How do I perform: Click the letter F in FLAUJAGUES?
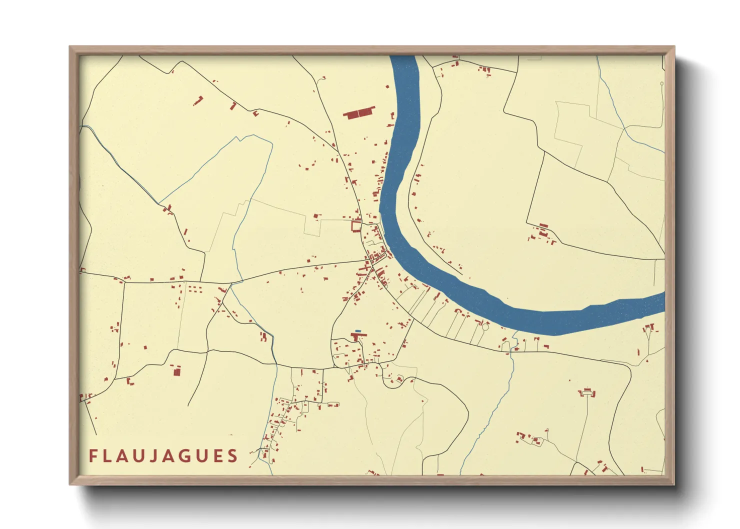93,456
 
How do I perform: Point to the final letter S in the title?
232,456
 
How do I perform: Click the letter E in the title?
217,456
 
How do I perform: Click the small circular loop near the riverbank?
484,327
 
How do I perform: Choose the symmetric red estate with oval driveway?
587,392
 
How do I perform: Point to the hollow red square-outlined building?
355,226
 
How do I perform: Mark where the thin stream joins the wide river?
515,331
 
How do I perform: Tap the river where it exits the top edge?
403,57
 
